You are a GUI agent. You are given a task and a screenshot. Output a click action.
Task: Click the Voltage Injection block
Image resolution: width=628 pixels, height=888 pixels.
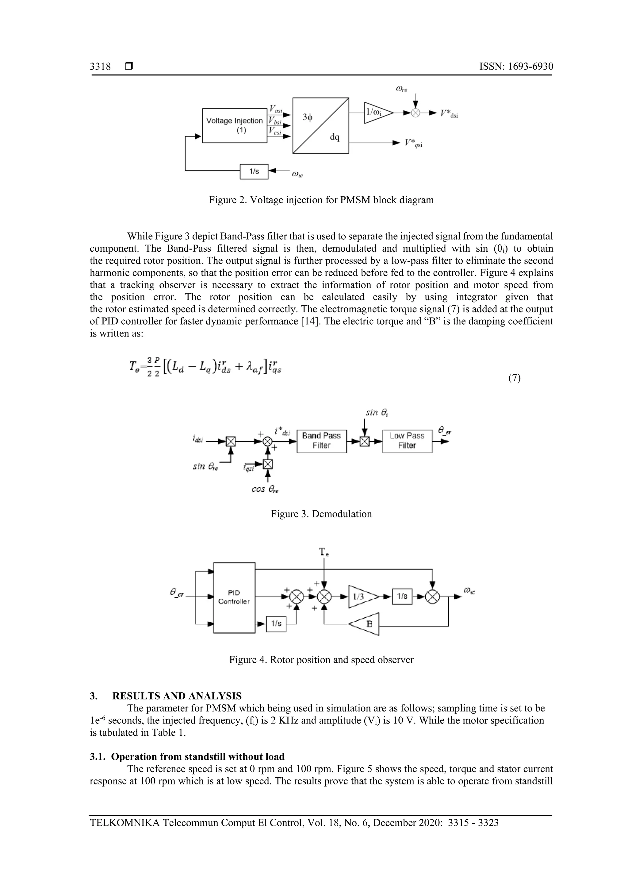235,125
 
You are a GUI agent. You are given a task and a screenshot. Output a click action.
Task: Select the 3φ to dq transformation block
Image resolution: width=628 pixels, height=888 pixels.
320,125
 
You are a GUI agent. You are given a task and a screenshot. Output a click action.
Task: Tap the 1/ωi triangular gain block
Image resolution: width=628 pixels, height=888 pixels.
377,112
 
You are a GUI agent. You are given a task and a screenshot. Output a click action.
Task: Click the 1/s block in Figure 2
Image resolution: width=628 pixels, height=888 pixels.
254,171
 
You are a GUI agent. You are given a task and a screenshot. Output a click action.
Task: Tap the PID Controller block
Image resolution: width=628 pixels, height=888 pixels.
234,597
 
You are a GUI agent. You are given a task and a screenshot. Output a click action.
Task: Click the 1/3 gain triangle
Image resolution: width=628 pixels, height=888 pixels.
361,597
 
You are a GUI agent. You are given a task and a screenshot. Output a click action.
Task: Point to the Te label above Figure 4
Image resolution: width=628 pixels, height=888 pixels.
324,552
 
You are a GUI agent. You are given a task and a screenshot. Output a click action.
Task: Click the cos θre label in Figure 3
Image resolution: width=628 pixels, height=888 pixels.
265,489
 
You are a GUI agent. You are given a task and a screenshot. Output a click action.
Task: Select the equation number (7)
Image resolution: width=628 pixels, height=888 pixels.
514,378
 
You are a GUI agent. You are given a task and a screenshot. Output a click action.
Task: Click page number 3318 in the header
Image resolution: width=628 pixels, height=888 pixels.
100,67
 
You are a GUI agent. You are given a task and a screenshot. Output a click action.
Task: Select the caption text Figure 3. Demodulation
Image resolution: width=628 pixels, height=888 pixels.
321,514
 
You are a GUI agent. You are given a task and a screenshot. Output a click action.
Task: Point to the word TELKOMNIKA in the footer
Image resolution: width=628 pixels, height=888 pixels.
124,823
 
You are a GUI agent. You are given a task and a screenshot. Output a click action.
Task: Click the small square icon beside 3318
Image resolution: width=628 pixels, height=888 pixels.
129,67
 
